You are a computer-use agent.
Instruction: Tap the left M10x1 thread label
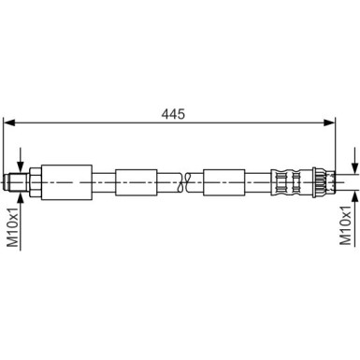pos(14,226)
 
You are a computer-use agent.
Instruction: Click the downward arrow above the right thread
pos(354,159)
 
